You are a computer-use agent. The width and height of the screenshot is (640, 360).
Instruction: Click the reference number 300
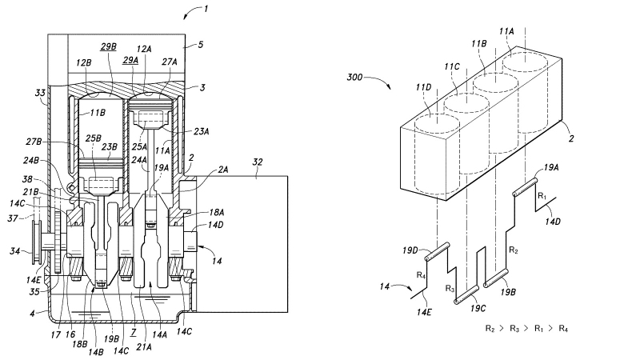354,77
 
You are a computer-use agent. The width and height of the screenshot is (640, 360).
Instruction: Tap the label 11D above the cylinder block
424,87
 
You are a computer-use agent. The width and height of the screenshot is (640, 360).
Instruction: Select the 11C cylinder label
452,66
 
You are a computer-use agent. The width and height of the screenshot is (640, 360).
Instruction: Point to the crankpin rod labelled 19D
438,251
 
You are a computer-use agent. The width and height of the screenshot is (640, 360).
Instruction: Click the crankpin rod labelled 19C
466,294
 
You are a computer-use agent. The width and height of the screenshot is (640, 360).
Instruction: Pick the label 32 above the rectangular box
257,162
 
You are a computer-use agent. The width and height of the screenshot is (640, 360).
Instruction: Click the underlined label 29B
108,46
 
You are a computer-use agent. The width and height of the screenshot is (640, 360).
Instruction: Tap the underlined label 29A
130,61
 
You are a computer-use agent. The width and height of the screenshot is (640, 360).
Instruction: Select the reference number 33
40,93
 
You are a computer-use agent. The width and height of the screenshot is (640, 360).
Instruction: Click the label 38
27,179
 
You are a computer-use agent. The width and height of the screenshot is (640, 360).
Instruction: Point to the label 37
13,218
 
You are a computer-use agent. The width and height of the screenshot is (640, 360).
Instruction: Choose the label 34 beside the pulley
14,250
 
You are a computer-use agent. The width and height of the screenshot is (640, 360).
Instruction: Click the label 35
34,291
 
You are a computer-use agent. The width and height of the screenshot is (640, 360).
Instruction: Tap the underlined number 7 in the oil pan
134,333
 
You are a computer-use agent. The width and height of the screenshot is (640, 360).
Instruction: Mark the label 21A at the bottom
144,347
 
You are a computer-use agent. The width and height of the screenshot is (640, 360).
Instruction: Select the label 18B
79,344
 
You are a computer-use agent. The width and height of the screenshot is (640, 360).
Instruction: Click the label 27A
170,62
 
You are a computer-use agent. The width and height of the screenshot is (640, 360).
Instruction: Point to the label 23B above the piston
109,146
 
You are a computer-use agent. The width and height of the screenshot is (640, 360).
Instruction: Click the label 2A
223,170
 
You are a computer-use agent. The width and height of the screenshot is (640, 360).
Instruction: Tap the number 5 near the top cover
200,44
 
